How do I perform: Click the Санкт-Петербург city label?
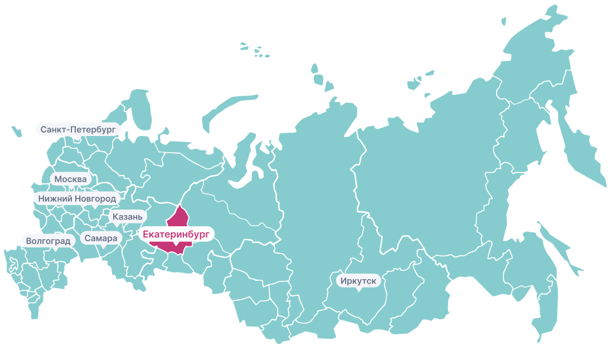[78, 129]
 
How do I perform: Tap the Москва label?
[70, 179]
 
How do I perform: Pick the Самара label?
[101, 239]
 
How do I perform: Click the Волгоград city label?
[48, 241]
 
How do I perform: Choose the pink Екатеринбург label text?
[176, 235]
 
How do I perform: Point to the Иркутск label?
[358, 280]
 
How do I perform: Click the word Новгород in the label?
[96, 198]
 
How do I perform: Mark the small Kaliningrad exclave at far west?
[16, 132]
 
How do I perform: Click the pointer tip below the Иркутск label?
[358, 290]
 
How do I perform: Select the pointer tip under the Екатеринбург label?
[176, 245]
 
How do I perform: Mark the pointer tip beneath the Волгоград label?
[55, 250]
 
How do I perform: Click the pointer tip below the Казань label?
[116, 225]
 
